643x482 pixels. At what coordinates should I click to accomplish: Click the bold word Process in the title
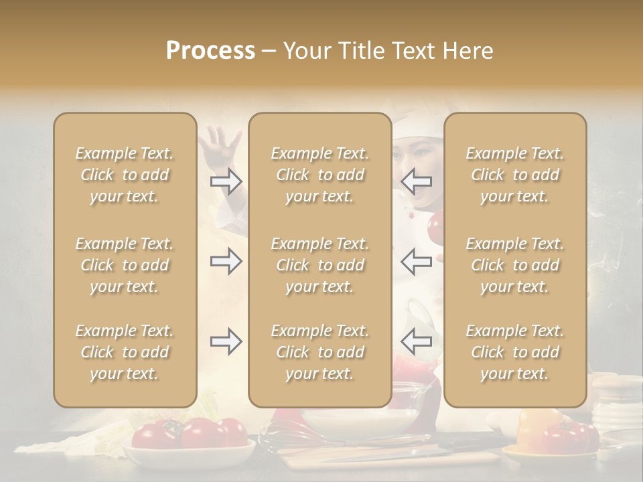(x=210, y=51)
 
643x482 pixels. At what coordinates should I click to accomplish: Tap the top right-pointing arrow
(x=226, y=181)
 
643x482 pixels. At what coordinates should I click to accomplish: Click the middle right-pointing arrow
(x=226, y=261)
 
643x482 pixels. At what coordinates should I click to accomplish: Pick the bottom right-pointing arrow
(x=226, y=342)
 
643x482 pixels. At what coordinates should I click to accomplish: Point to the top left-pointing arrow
(x=416, y=181)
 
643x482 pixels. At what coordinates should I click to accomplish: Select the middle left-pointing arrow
(x=416, y=261)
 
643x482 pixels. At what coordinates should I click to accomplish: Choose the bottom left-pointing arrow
(x=416, y=342)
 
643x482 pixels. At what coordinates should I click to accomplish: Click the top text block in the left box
(x=125, y=175)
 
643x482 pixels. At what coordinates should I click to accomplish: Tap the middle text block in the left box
(x=125, y=265)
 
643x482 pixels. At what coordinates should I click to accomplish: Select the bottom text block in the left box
(x=125, y=352)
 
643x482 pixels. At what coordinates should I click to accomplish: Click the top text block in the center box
(x=319, y=175)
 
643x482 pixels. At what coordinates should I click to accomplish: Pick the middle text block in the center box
(x=319, y=265)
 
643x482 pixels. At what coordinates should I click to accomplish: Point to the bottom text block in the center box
(x=319, y=352)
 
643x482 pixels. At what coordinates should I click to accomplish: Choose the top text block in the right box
(x=514, y=175)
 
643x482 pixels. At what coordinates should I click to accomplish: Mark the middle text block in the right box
(x=514, y=265)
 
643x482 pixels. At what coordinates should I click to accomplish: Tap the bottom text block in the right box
(x=514, y=352)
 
